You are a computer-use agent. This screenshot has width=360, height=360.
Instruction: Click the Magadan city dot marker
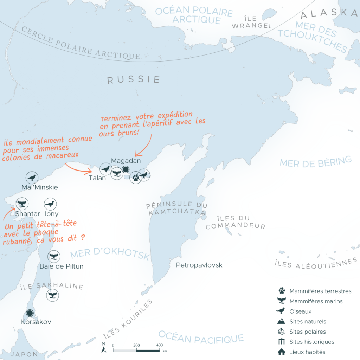pos(126,170)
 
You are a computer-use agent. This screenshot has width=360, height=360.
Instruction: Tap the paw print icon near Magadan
pos(136,178)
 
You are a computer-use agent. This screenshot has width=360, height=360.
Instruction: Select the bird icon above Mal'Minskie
pos(32,178)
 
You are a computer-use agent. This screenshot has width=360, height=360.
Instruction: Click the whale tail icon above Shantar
pos(22,204)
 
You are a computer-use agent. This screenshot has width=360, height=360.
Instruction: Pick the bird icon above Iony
pos(50,204)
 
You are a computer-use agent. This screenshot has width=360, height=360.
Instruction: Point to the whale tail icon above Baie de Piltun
pos(54,256)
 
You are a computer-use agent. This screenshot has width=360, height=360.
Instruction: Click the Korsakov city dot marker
pos(30,313)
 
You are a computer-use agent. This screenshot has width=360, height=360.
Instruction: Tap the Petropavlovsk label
pos(199,265)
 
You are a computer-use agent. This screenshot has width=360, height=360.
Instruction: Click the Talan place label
pos(97,178)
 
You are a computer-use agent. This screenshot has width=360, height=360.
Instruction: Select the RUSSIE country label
pos(134,80)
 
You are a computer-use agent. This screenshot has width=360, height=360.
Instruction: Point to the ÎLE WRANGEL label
pos(252,22)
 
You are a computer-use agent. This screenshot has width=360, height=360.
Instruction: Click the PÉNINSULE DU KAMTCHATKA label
pos(176,208)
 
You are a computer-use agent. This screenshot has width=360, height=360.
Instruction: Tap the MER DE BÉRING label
pos(315,161)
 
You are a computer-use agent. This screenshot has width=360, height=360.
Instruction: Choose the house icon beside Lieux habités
pos(281,352)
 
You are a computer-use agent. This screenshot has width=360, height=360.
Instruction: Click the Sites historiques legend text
pos(312,342)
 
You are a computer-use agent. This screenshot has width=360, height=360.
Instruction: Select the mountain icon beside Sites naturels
pos(281,321)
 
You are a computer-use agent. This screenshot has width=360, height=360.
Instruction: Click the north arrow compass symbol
pos(104,347)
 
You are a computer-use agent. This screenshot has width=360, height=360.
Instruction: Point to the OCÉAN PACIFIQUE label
pos(201,337)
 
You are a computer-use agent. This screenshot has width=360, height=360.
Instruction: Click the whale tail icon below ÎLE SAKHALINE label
pos(53,295)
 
